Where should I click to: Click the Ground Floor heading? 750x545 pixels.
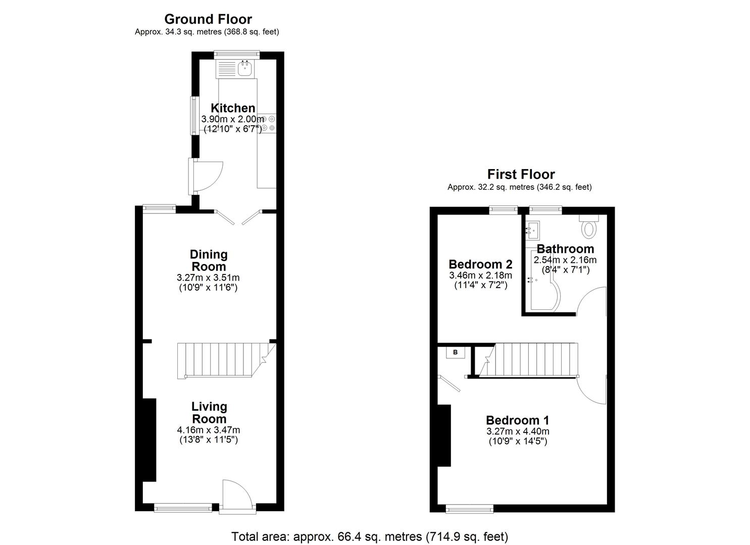click(x=208, y=19)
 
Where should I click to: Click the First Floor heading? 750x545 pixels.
click(x=521, y=175)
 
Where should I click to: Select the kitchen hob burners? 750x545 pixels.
click(x=270, y=123)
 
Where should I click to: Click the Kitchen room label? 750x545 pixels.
click(x=233, y=108)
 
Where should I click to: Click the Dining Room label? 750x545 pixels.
click(x=208, y=260)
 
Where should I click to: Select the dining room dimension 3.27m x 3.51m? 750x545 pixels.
click(x=208, y=278)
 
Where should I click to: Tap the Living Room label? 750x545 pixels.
click(x=209, y=413)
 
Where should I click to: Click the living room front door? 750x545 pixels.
click(x=235, y=496)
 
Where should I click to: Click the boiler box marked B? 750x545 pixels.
click(x=455, y=352)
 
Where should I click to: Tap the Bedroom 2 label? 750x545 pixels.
click(x=480, y=264)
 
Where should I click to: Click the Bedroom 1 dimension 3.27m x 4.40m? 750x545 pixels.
click(x=518, y=431)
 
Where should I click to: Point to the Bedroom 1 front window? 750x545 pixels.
click(x=470, y=508)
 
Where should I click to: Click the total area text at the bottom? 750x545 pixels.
click(x=370, y=536)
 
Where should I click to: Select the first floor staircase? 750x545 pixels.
click(x=530, y=360)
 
